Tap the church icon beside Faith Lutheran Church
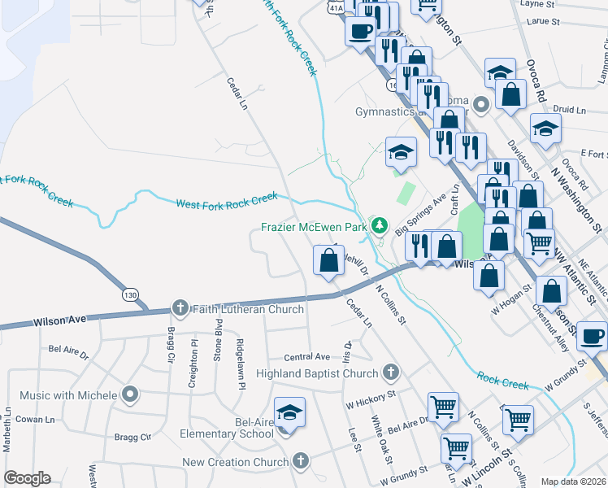click(180, 309)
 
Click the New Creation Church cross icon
click(301, 461)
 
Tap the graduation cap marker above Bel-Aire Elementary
click(289, 413)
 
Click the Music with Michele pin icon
click(130, 395)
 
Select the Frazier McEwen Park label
click(314, 228)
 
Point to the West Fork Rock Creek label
click(228, 200)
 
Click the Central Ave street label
click(306, 357)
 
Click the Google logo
click(27, 478)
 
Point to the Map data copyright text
click(574, 481)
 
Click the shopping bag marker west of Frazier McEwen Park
click(328, 260)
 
